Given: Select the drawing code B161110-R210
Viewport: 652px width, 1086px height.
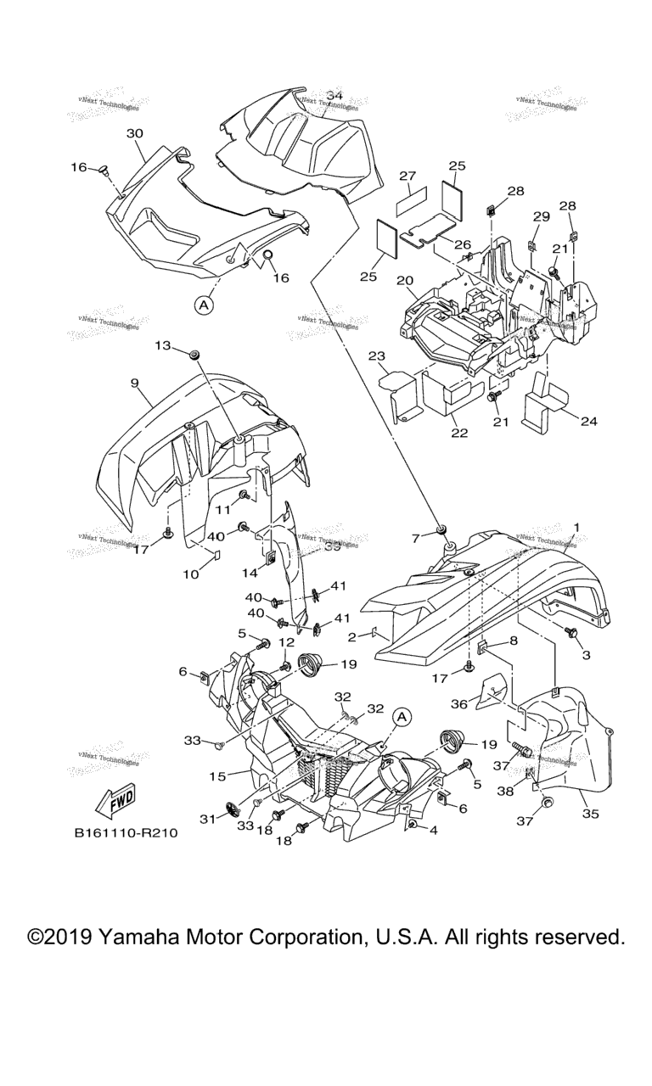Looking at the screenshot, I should pos(125,833).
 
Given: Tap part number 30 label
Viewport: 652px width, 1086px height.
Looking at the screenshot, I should pos(135,133).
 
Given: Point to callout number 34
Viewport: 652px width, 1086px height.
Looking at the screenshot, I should pos(334,96).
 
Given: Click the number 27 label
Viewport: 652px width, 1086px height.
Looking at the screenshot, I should pos(407,176).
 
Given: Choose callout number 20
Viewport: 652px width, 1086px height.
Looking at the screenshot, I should pos(405,280).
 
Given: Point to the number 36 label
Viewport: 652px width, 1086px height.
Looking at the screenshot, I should pos(459,703).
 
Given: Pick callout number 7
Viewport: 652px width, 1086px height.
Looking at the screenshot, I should pos(416,538).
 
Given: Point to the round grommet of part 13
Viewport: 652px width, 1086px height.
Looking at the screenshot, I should pos(194,352).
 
